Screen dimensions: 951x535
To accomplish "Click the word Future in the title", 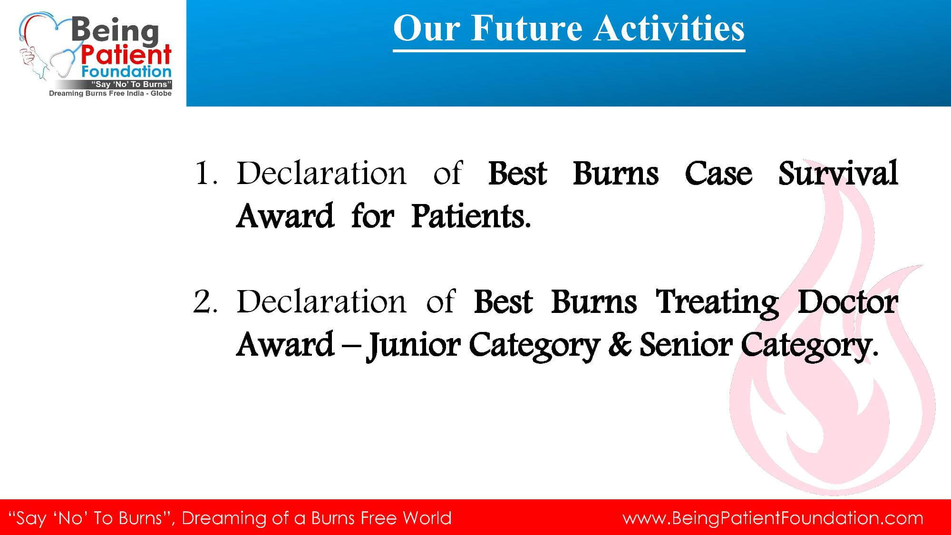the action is pyautogui.click(x=526, y=28).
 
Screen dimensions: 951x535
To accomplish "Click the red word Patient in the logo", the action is pyautogui.click(x=126, y=55).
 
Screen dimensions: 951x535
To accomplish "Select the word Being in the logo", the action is pyautogui.click(x=115, y=31).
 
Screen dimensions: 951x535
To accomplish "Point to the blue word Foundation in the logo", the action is pyautogui.click(x=126, y=72).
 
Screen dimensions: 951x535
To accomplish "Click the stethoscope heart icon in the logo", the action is pyautogui.click(x=48, y=48).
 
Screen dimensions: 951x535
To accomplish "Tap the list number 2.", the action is pyautogui.click(x=205, y=302).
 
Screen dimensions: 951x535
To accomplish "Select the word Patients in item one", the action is pyautogui.click(x=471, y=216).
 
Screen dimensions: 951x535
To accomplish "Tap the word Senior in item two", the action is pyautogui.click(x=685, y=344).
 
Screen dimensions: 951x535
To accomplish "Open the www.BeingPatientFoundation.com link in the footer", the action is pyautogui.click(x=773, y=518).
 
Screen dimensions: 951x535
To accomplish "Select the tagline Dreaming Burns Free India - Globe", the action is pyautogui.click(x=110, y=94).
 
